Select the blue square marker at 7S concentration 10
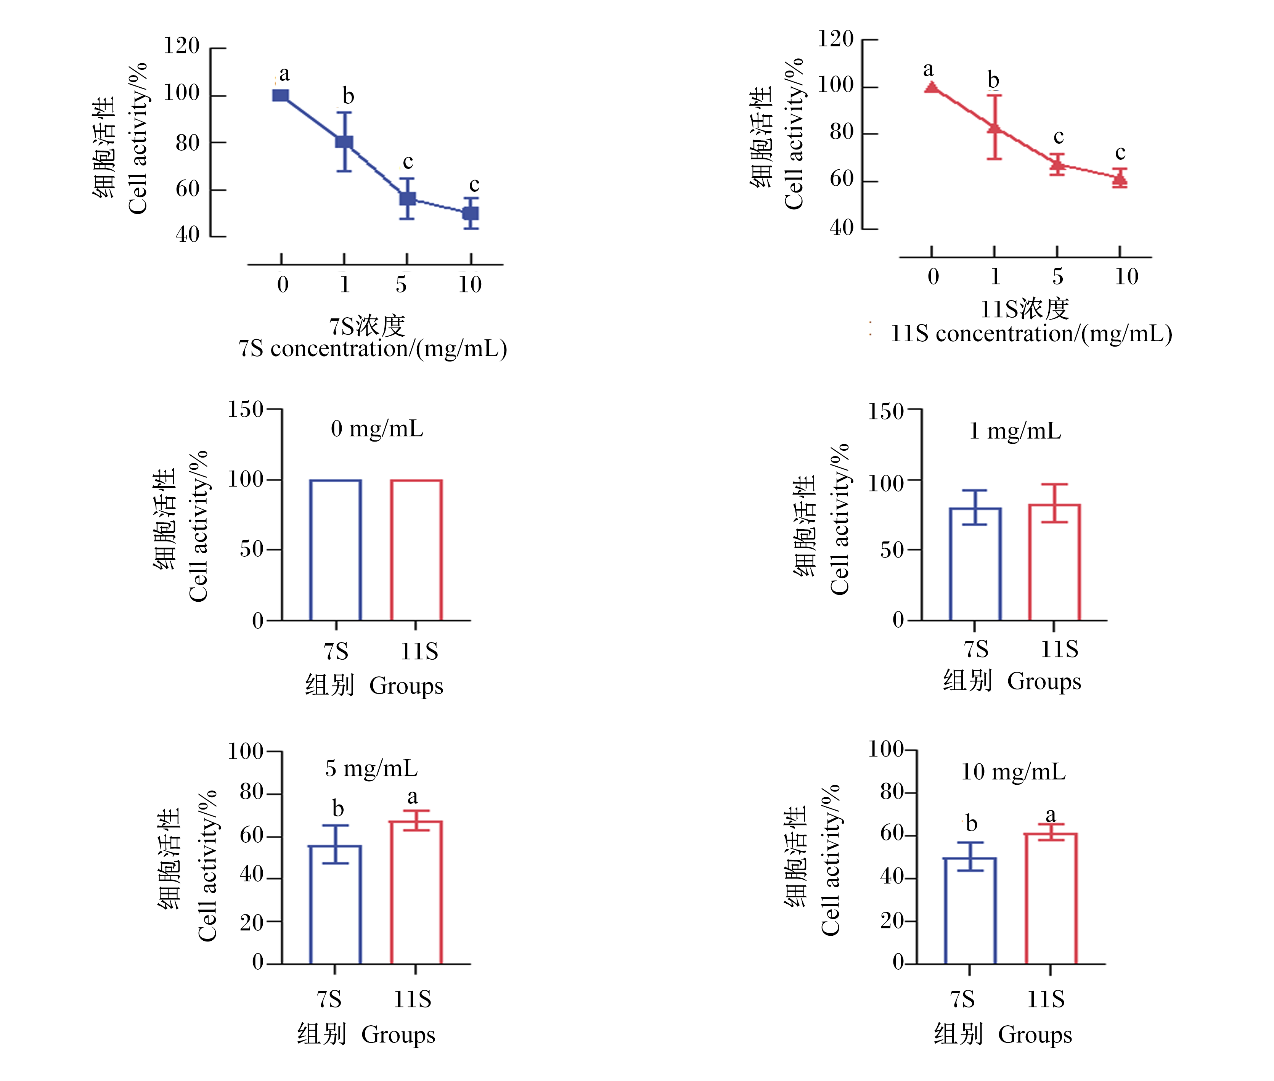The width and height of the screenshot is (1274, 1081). pos(470,213)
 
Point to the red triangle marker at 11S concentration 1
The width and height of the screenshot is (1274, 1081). pos(994,127)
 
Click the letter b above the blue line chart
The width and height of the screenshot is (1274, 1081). pos(348,96)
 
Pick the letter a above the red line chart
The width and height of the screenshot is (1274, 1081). pos(929,69)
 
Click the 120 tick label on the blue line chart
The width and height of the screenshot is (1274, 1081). pos(182,46)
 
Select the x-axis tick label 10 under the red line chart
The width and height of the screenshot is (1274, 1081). pos(1126,276)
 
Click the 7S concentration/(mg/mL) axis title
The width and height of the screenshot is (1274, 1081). pos(373,349)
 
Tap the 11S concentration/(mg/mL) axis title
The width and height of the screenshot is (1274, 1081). pos(1031,334)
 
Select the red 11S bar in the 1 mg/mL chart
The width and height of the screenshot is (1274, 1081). pos(1054,562)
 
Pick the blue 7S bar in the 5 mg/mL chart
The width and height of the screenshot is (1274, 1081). pos(335,904)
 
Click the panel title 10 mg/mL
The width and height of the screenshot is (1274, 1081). pos(1013,772)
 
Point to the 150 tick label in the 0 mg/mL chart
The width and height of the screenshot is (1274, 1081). pos(245,410)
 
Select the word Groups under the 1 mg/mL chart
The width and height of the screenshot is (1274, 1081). pos(1044,681)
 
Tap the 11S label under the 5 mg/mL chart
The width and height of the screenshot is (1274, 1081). pos(413,999)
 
